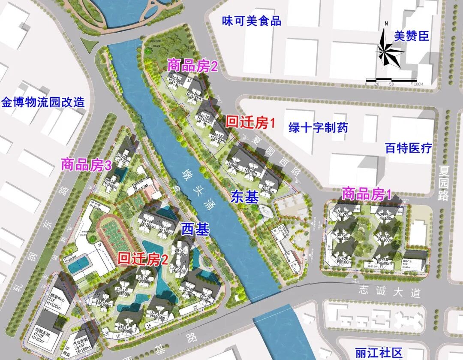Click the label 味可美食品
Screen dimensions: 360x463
tap(252, 20)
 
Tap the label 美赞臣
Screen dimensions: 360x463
tap(411, 36)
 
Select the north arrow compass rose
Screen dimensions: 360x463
tap(390, 51)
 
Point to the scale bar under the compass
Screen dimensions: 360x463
tap(391, 80)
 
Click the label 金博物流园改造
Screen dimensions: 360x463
tap(43, 103)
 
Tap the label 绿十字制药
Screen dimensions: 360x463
tap(318, 127)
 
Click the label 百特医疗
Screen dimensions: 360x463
tap(408, 148)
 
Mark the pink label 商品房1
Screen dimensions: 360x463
tap(367, 194)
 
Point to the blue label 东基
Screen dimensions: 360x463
tap(245, 197)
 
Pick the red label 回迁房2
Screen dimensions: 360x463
tap(143, 258)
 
